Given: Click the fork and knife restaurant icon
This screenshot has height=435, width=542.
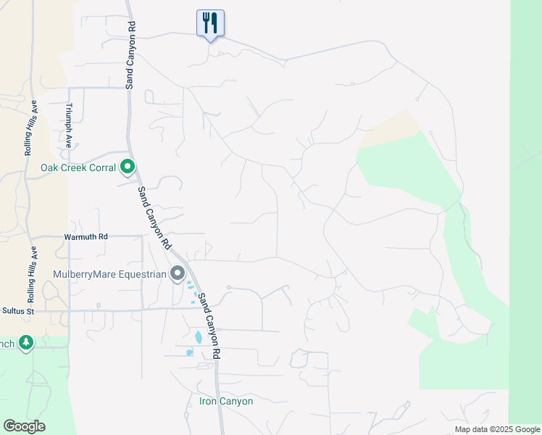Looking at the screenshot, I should click(x=210, y=23).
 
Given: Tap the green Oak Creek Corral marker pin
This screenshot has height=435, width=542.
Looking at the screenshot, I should click(x=128, y=167).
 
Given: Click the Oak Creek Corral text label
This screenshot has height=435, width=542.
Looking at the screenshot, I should click(x=78, y=168).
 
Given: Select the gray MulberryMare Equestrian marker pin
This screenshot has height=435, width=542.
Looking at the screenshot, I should click(x=177, y=273).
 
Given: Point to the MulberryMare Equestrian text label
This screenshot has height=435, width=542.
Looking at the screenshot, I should click(x=109, y=274).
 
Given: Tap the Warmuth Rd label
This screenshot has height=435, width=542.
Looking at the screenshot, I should click(x=86, y=236).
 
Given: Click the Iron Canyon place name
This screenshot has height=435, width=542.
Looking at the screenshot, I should click(x=226, y=401).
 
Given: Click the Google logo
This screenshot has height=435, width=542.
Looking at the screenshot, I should click(x=24, y=426).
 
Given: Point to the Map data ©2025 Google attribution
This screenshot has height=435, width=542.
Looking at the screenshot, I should click(x=497, y=429).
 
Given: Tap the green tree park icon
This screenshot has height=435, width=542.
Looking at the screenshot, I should click(x=26, y=342).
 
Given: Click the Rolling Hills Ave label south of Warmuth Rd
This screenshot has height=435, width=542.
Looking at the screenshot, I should click(x=32, y=275).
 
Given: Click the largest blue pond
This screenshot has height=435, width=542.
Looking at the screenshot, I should click(x=199, y=337).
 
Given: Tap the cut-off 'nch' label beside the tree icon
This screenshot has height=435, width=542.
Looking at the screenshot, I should click(x=7, y=343).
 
